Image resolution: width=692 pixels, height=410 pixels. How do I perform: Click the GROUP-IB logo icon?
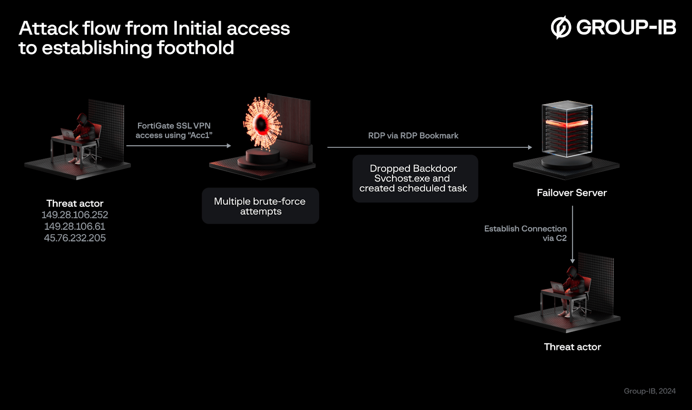[x=561, y=27]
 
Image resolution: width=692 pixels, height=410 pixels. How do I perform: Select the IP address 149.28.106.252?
[x=75, y=215]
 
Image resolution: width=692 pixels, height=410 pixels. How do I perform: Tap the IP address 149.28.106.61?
[x=75, y=226]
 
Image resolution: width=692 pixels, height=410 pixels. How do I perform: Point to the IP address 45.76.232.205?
[x=75, y=238]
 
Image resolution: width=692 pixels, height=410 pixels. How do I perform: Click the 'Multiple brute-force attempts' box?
[x=260, y=206]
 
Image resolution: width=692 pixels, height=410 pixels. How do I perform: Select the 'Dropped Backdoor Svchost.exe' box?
[x=415, y=178]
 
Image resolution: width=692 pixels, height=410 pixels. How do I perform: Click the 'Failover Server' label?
[x=572, y=193]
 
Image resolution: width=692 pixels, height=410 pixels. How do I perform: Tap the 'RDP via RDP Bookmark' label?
[x=413, y=136]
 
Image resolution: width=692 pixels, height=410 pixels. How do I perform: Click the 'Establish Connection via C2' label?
[x=525, y=233]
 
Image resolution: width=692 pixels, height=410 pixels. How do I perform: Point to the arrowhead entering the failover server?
[x=530, y=147]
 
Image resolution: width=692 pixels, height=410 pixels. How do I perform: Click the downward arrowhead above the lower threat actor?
[x=572, y=261]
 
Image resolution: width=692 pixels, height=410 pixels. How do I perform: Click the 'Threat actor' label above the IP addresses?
[x=75, y=203]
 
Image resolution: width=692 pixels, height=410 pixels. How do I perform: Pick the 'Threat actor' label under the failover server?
[x=572, y=347]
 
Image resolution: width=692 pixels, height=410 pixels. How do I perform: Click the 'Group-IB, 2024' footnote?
[x=649, y=391]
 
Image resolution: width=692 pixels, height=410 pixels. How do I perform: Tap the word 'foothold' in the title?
[x=195, y=48]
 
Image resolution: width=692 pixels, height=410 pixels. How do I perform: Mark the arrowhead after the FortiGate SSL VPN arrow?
[x=229, y=146]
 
